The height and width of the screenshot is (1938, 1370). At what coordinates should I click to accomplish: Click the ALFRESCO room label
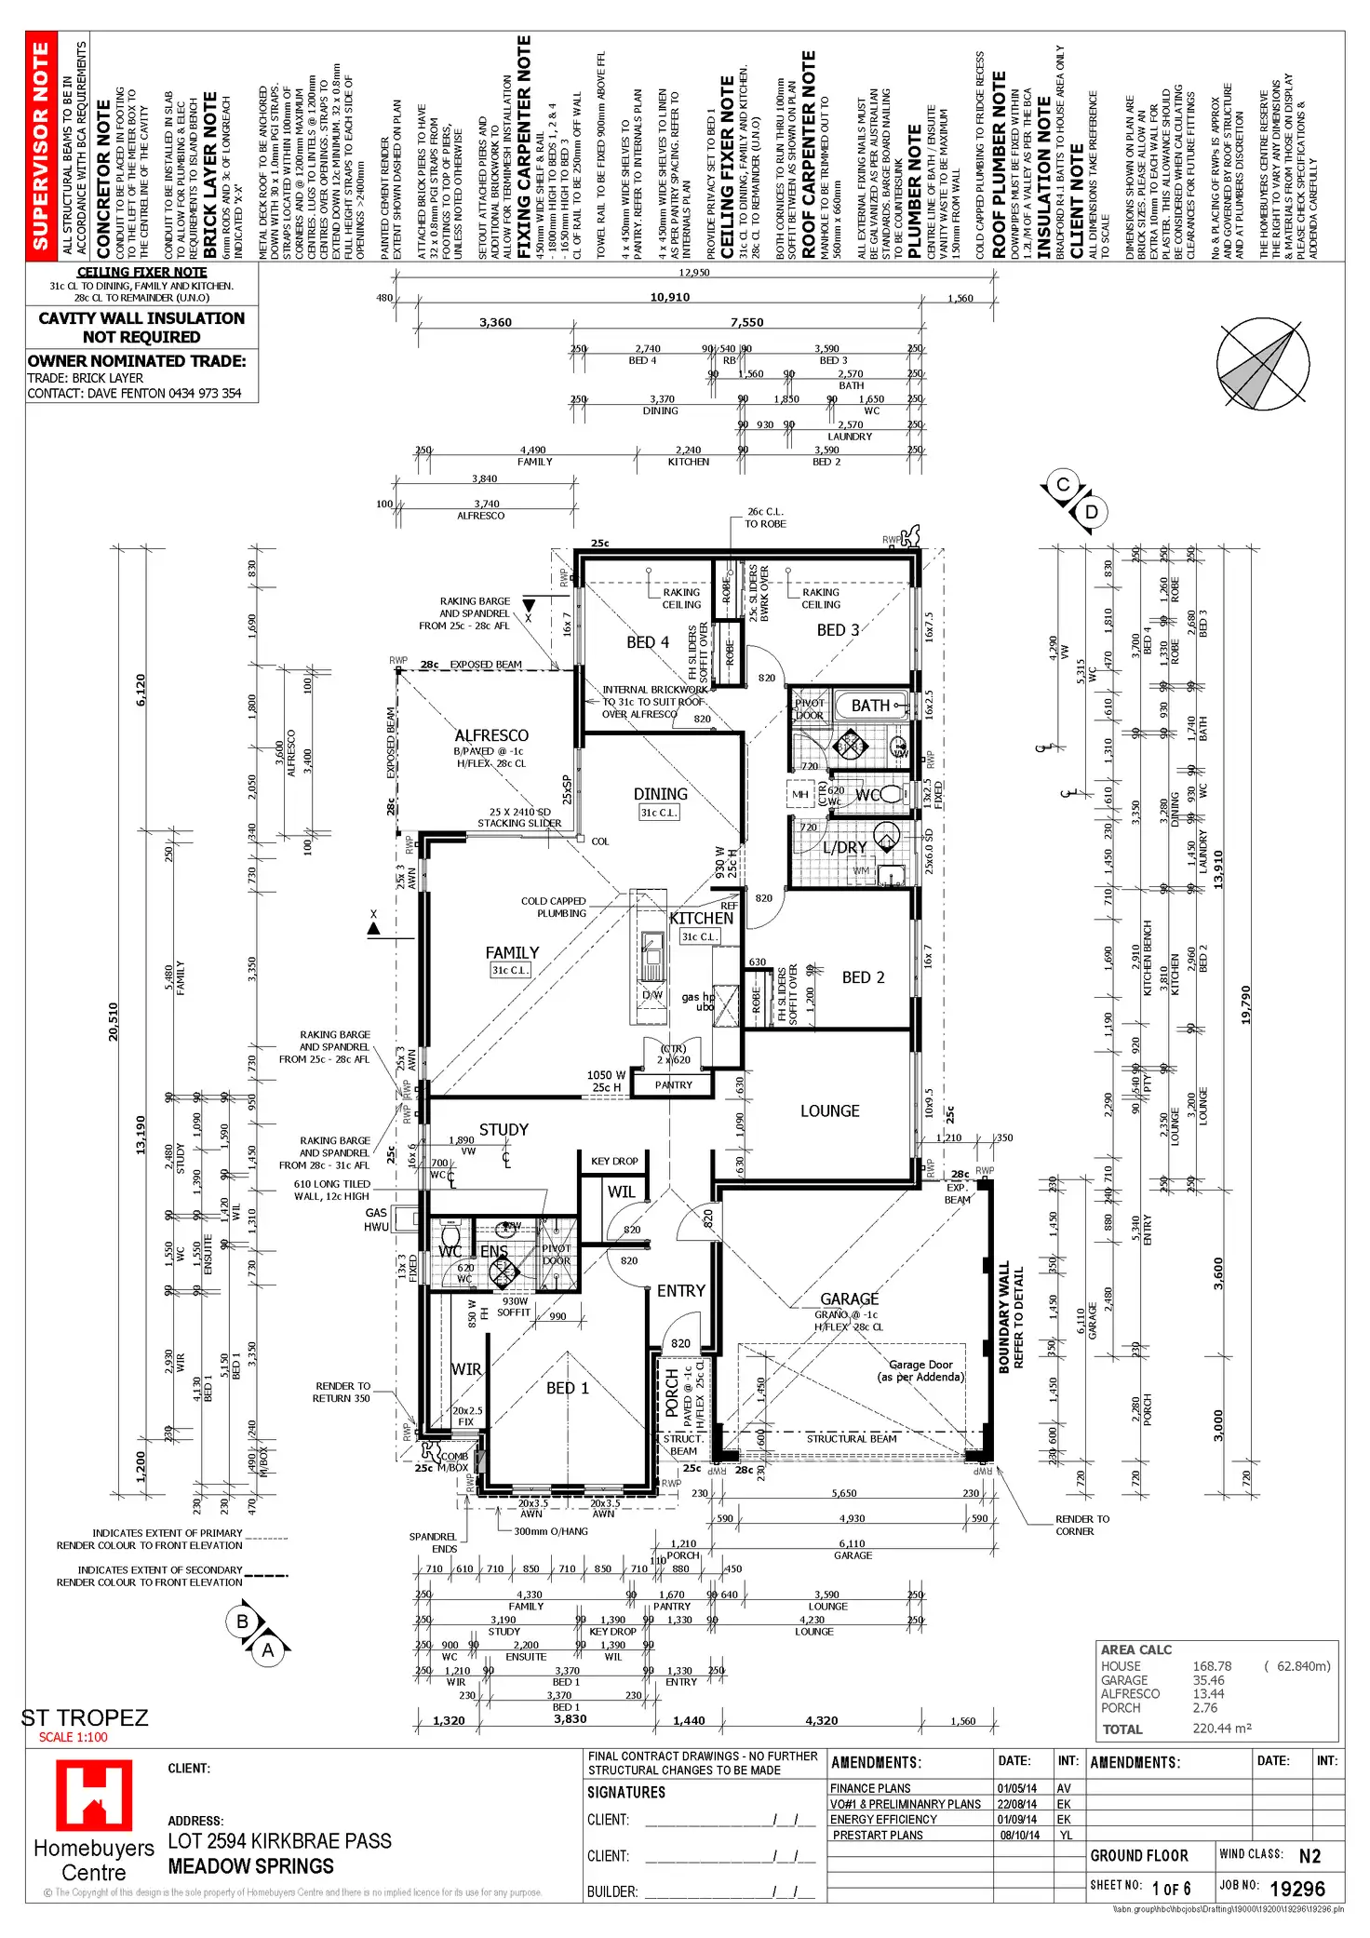(491, 735)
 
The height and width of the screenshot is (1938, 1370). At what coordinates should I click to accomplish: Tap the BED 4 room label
(648, 642)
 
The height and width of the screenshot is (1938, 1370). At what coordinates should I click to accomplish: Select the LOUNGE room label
(829, 1111)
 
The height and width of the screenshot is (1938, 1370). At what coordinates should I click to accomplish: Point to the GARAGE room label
(849, 1299)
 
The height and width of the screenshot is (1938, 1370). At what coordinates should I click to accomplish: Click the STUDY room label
(504, 1129)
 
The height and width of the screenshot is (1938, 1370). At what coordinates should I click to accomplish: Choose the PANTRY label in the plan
(674, 1084)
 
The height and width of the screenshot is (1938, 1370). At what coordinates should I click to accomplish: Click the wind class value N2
(1310, 1855)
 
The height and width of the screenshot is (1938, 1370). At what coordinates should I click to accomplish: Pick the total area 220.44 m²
(1222, 1729)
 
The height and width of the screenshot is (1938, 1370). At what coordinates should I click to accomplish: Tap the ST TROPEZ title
(85, 1717)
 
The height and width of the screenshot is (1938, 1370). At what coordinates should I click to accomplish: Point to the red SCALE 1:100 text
(73, 1737)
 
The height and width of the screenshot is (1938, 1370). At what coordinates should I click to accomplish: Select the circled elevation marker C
(1063, 485)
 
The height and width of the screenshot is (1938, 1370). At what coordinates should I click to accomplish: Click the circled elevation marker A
(268, 1650)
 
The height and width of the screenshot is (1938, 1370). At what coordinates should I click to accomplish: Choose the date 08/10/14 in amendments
(1019, 1835)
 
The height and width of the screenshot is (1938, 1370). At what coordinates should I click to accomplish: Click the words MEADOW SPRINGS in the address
(250, 1866)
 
